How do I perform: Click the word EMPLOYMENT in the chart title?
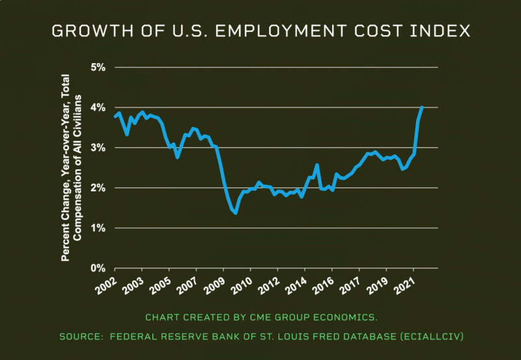(265, 31)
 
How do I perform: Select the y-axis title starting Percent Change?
(70, 167)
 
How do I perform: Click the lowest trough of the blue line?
(235, 213)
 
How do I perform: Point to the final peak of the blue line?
(422, 107)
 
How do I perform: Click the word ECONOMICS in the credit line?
(345, 317)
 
